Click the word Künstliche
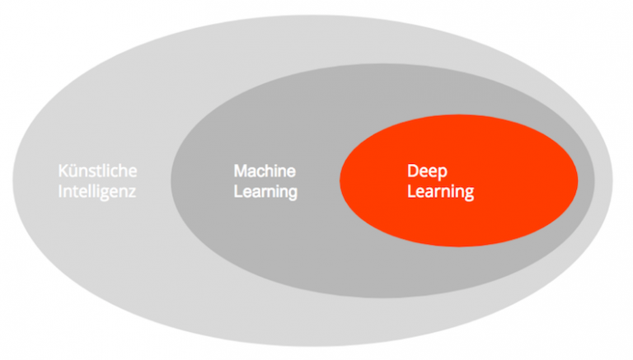pos(97,171)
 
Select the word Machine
pos(265,171)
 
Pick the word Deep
pos(427,171)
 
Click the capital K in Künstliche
pos(63,171)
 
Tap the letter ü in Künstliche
pos(73,171)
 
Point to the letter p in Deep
pos(443,173)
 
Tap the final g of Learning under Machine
pos(293,195)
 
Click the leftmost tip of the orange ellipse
pos(340,183)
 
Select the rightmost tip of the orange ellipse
pos(579,183)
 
